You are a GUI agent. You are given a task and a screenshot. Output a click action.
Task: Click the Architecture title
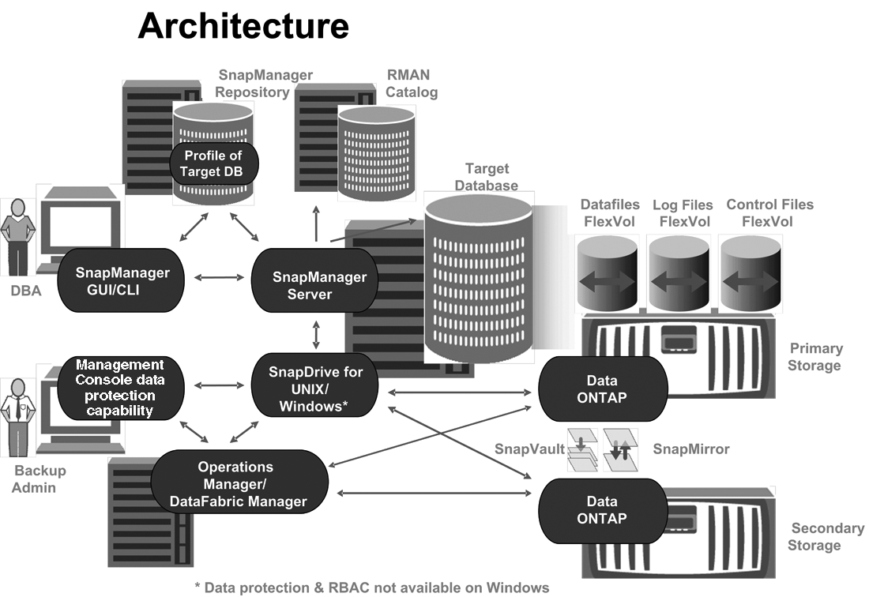click(x=243, y=26)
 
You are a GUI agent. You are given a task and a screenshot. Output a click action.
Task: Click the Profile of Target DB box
click(x=213, y=163)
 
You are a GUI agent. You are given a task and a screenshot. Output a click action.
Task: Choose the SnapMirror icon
click(x=619, y=450)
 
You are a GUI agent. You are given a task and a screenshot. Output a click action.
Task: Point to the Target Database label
click(x=487, y=177)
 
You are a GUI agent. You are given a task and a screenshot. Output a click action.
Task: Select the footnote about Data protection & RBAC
click(x=372, y=588)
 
